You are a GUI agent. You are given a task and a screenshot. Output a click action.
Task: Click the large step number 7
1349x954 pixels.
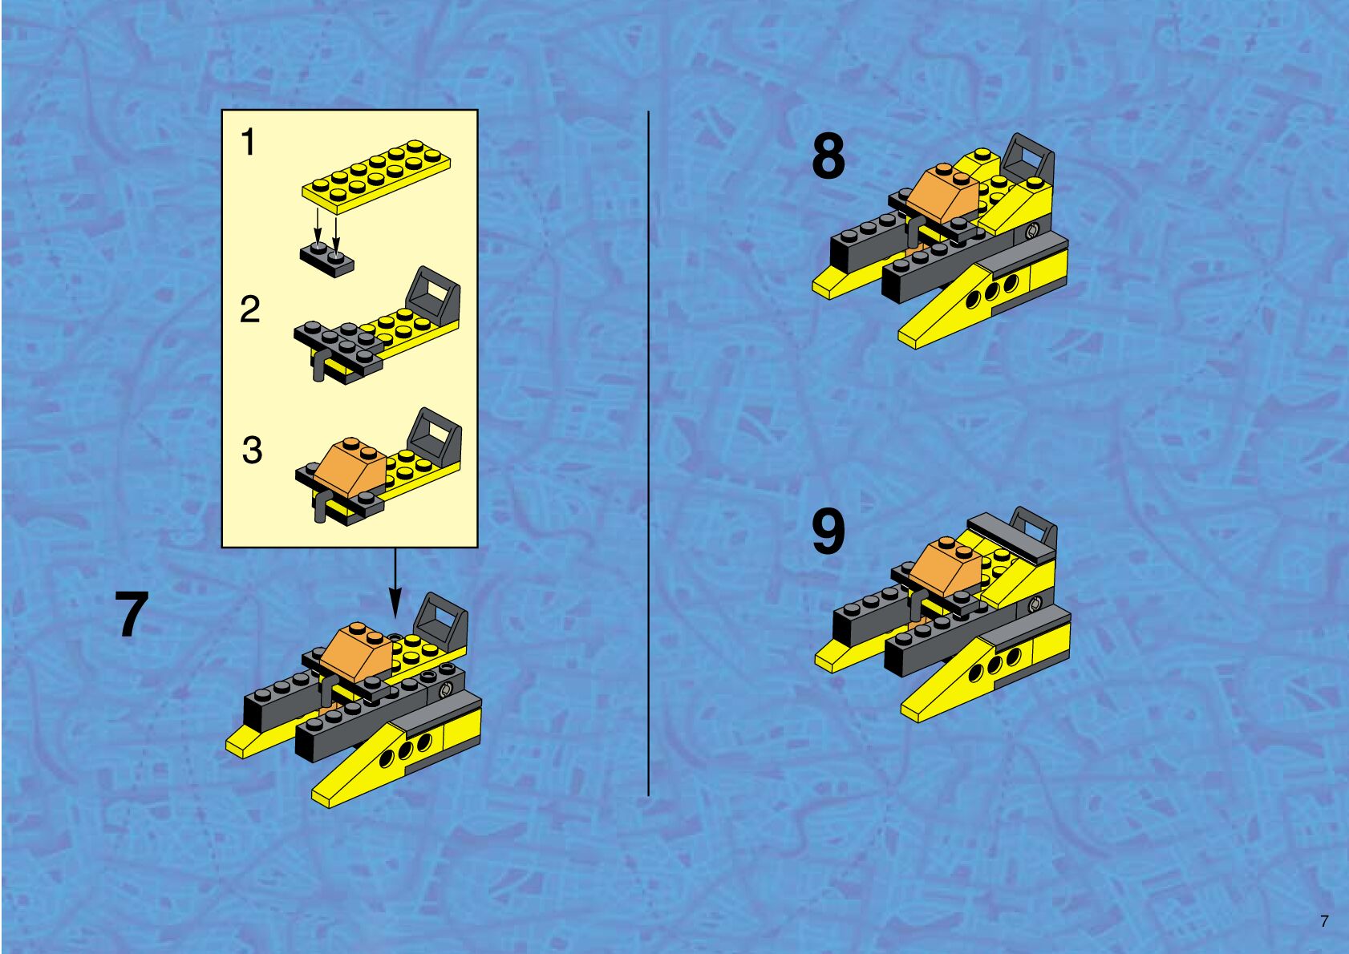pos(132,614)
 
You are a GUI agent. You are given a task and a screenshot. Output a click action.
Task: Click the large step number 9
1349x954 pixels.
pos(828,532)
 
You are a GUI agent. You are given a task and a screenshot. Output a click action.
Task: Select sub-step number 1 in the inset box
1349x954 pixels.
pos(248,143)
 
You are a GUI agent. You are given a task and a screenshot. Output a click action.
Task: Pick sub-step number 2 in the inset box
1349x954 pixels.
pos(250,309)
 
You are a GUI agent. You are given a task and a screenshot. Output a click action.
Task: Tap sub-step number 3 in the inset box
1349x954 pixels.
pos(253,451)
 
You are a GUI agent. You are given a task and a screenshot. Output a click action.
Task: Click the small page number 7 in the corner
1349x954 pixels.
pos(1323,921)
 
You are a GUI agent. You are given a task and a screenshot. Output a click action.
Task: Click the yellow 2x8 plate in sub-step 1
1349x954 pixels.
pos(376,176)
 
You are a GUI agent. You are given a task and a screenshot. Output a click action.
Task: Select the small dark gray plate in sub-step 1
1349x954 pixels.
pos(327,259)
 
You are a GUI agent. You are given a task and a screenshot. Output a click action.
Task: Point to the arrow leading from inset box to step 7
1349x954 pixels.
pos(395,583)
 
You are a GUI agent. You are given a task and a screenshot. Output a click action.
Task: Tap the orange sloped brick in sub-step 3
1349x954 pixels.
pos(350,467)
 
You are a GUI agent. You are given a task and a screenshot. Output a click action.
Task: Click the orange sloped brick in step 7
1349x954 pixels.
pos(357,651)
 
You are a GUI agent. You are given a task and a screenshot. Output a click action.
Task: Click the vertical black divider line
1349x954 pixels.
pos(649,453)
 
